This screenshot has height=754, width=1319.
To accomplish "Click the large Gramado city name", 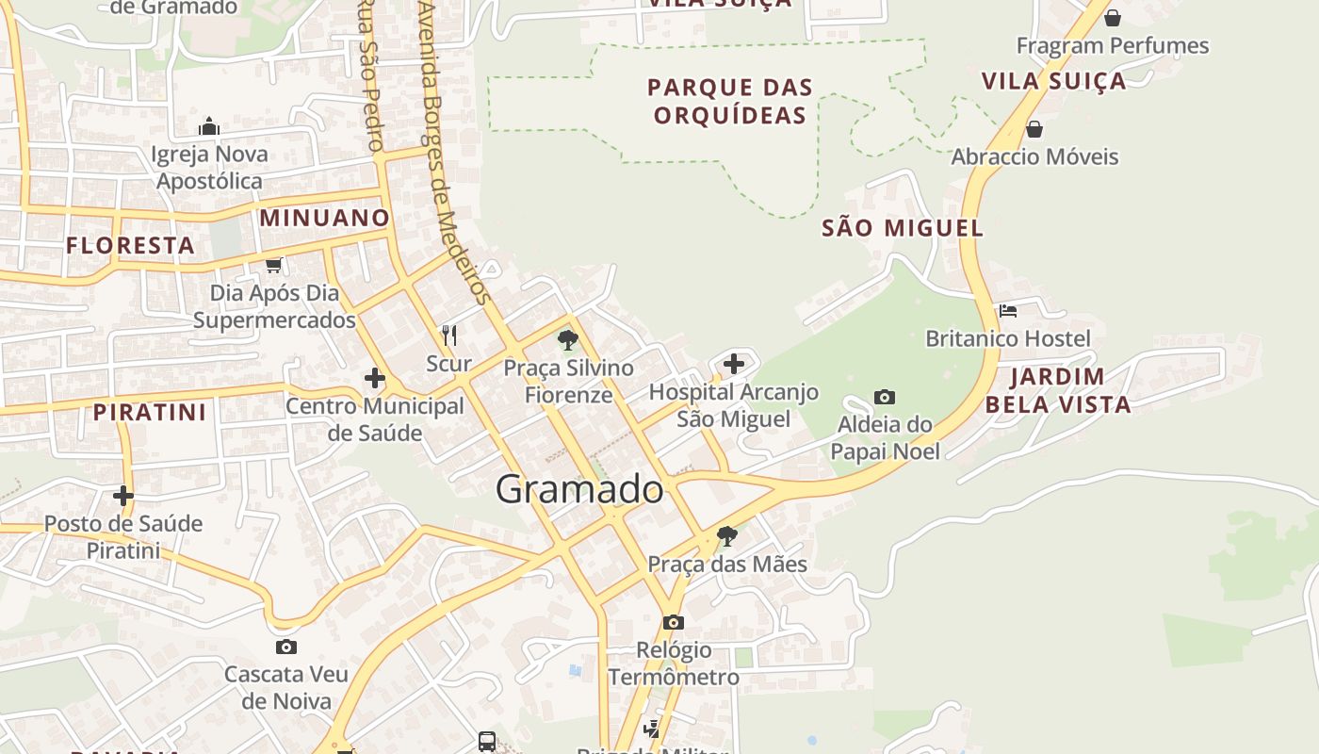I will point(579,489).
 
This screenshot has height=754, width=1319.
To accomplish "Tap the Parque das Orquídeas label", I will point(730,102).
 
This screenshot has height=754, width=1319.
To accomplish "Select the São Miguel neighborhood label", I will point(903,228).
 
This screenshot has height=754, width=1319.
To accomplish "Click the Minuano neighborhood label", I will point(324,218).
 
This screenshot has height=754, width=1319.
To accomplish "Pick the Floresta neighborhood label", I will point(130,246).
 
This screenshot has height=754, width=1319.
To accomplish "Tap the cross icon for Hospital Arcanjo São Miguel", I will point(734,364).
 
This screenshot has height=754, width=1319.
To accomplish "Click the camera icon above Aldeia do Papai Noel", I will point(885,397).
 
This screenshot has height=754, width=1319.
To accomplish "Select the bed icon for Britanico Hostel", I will point(1008,310).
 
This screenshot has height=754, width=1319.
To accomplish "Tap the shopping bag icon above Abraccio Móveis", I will point(1034,129).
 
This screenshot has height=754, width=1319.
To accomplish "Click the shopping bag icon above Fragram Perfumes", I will point(1113,18).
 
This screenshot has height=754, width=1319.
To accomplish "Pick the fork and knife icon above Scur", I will point(449,335).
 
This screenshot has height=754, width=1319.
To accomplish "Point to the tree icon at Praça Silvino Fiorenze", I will point(567,339).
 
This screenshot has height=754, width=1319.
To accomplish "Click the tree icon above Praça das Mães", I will point(726,536).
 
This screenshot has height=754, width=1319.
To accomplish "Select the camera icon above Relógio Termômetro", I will point(673,622).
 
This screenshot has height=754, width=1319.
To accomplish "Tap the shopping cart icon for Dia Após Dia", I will point(274,266).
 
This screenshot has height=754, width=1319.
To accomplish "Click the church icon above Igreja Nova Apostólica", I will point(209,126).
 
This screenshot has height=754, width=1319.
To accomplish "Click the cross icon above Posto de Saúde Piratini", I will point(123,496).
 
